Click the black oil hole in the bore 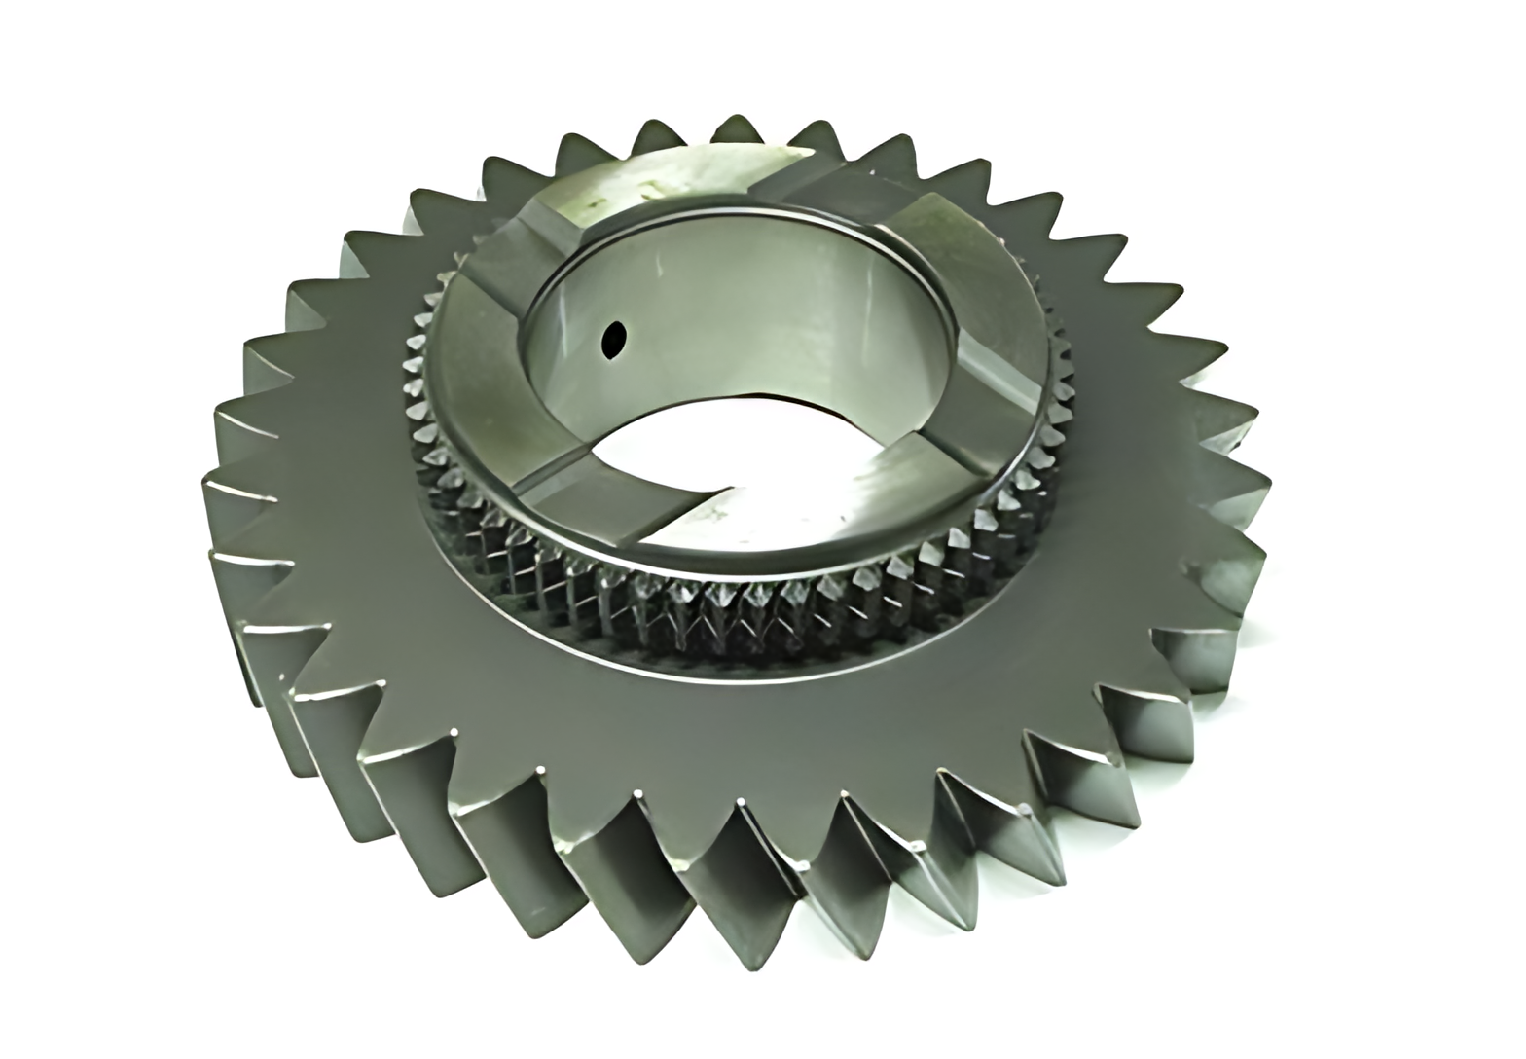click(x=614, y=340)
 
